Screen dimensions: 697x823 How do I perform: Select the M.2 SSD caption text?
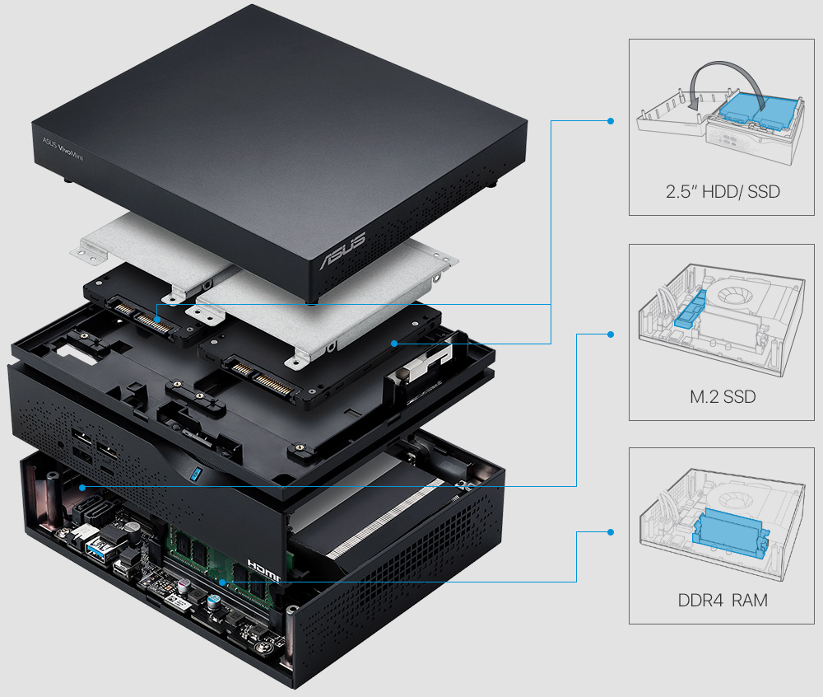(723, 398)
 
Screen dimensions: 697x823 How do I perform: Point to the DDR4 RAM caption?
(723, 601)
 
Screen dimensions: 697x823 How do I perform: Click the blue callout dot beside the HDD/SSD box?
(610, 120)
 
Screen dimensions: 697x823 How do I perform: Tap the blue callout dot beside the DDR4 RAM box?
(610, 532)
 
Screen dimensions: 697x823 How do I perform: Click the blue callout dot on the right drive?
(394, 343)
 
